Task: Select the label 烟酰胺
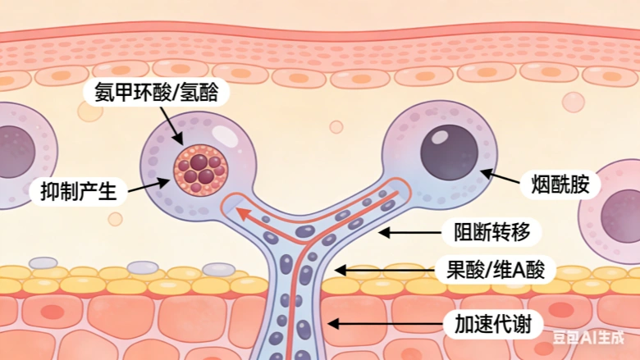click(560, 184)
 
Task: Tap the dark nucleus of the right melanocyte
click(449, 153)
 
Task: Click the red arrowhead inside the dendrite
click(243, 215)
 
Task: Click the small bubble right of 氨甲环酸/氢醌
click(336, 127)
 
